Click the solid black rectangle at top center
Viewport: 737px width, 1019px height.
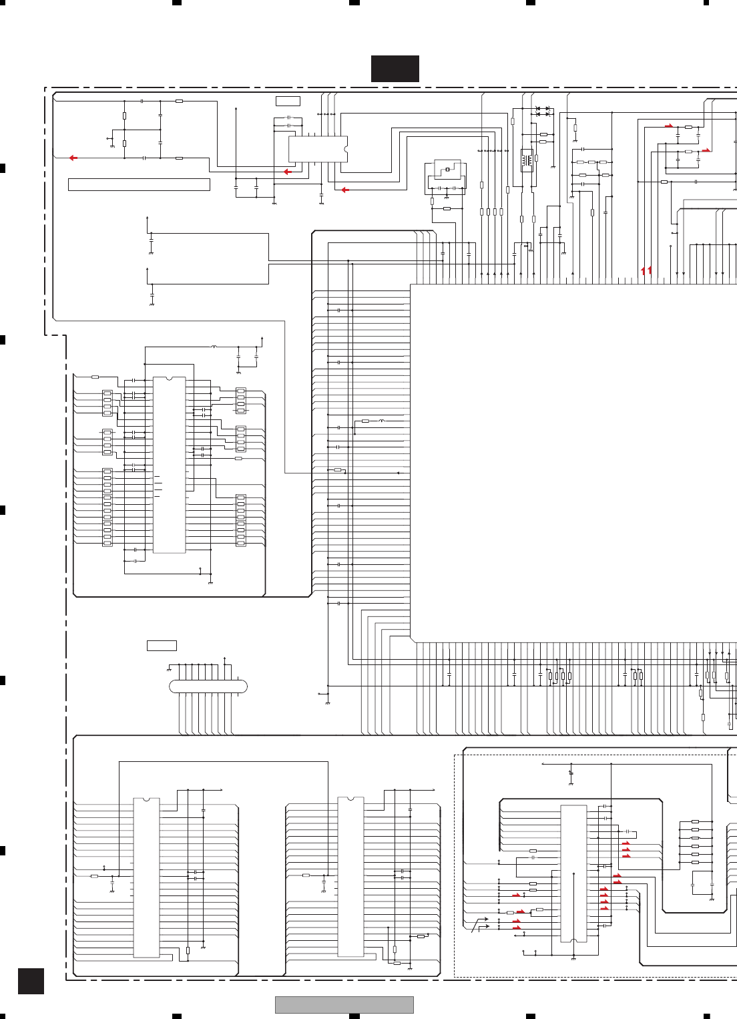(395, 69)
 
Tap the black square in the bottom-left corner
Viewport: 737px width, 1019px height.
(31, 981)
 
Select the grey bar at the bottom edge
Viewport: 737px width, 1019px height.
(344, 1005)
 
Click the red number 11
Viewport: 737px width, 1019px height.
(646, 270)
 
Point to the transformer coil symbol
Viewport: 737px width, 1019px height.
(527, 160)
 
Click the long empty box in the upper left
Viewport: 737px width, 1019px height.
(139, 184)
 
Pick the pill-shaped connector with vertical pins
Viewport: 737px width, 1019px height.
(208, 686)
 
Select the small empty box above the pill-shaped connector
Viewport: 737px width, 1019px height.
(162, 646)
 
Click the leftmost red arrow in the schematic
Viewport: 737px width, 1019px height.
(73, 158)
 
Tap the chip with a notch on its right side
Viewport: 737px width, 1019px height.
(318, 149)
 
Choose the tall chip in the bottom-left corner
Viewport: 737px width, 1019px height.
(147, 877)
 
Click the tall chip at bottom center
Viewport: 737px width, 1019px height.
(350, 877)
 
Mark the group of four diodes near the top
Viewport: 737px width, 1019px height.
(543, 112)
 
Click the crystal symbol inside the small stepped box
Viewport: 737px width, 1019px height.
(447, 170)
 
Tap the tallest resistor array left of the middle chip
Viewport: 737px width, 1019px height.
(107, 507)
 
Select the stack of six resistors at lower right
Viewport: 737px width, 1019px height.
(695, 842)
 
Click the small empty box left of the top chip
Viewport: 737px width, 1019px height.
(288, 101)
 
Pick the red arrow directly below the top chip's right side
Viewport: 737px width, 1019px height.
(345, 190)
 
